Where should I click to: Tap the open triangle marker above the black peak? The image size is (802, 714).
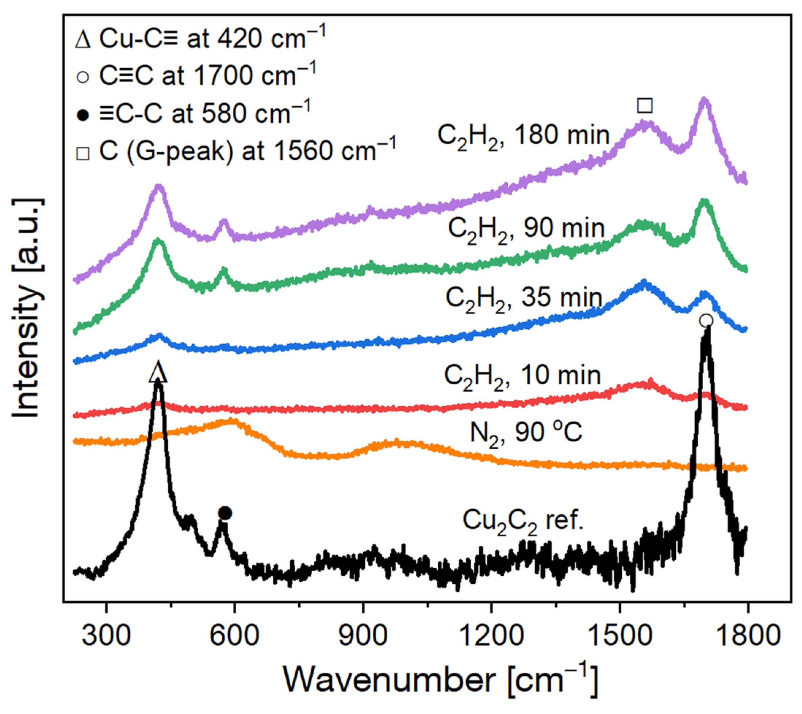[x=158, y=372]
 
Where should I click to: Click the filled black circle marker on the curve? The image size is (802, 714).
[x=225, y=513]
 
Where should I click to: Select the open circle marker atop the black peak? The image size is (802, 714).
[x=706, y=321]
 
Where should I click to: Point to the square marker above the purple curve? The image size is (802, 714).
[x=645, y=105]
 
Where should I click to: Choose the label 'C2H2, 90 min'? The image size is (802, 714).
[x=526, y=229]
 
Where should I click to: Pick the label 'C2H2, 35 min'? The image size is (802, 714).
[x=524, y=298]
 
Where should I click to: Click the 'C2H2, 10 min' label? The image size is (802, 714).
[x=522, y=376]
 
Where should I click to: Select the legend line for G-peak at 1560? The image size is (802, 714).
[x=235, y=151]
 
